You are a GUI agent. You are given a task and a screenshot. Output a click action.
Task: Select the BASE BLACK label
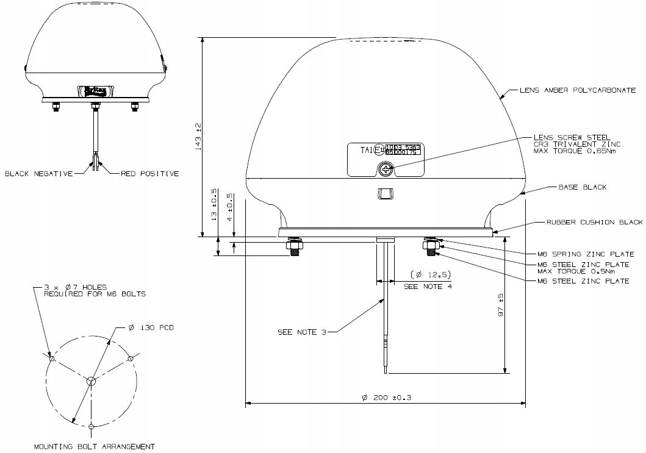point(583,187)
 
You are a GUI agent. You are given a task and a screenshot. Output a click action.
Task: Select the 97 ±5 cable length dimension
point(500,305)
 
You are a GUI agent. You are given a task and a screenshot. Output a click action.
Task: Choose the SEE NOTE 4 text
point(428,287)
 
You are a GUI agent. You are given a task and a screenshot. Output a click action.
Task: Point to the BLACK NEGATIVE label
point(38,174)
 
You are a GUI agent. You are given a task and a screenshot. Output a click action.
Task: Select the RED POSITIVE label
point(149,174)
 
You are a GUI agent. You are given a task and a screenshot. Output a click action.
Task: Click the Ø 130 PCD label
point(151,327)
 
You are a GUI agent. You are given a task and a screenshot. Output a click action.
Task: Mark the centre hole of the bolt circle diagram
point(91,382)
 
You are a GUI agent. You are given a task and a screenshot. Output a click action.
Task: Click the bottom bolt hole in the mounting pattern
point(91,425)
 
